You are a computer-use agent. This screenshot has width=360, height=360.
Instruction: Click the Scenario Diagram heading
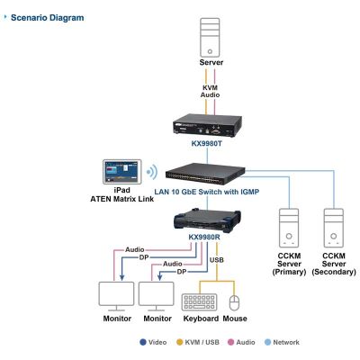(x=48, y=18)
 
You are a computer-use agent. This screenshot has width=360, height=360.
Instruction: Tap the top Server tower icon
(x=210, y=38)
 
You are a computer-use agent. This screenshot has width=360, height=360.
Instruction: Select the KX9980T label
(x=207, y=143)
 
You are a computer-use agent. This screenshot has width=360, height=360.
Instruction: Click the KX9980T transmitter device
(x=207, y=126)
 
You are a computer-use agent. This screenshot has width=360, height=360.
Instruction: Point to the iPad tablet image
(x=122, y=172)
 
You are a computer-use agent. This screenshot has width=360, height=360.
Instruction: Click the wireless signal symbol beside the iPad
(x=152, y=172)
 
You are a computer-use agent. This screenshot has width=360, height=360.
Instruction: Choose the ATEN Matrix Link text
(x=122, y=199)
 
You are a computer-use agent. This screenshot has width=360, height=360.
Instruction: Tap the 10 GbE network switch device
(x=205, y=174)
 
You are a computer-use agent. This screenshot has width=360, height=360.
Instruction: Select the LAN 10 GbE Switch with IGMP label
(x=207, y=192)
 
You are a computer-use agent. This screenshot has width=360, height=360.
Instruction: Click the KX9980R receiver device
(x=207, y=220)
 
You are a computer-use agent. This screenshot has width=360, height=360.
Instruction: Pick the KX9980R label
(x=204, y=237)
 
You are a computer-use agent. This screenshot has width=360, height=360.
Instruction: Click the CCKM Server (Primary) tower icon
(x=289, y=228)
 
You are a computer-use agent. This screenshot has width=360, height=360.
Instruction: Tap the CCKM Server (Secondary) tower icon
(x=334, y=228)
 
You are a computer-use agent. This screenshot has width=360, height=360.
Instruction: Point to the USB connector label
(x=217, y=260)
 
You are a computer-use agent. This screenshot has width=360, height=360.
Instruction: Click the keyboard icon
(x=199, y=302)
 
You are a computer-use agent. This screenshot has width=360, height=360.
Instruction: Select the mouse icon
(x=234, y=303)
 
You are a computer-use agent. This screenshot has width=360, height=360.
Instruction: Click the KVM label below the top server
(x=210, y=88)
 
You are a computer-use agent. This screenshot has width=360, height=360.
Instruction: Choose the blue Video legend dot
(x=143, y=342)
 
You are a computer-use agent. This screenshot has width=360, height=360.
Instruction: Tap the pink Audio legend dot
(x=230, y=342)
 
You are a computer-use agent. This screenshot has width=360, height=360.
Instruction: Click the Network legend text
(x=286, y=342)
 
